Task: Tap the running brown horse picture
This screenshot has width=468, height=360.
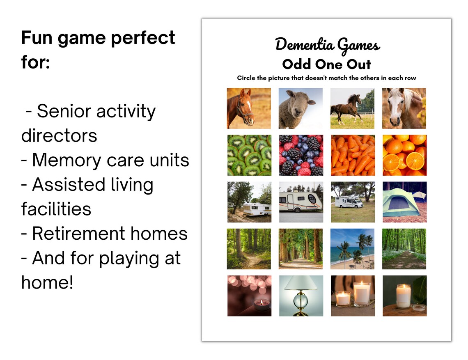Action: pos(353,108)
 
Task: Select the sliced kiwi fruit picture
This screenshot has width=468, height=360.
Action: pos(249,155)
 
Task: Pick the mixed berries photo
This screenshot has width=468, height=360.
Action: pos(301,155)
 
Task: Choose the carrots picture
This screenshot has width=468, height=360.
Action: pos(353,155)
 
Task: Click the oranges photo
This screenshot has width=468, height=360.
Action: pos(404,155)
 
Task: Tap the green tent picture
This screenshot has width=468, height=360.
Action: pos(404,202)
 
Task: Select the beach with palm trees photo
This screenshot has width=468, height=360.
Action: pos(353,249)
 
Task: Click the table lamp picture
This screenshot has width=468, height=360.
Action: pos(301,296)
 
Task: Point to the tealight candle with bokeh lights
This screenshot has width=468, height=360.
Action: pos(249,296)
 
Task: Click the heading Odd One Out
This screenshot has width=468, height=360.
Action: pos(327,64)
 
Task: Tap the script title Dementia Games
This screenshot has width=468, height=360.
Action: pos(327,45)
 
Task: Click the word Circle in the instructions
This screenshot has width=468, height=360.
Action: pos(247,78)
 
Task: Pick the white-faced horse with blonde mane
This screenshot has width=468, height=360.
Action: pos(404,108)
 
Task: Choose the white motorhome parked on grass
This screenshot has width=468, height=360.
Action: pos(353,202)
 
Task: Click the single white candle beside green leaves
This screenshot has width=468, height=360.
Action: pos(404,296)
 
